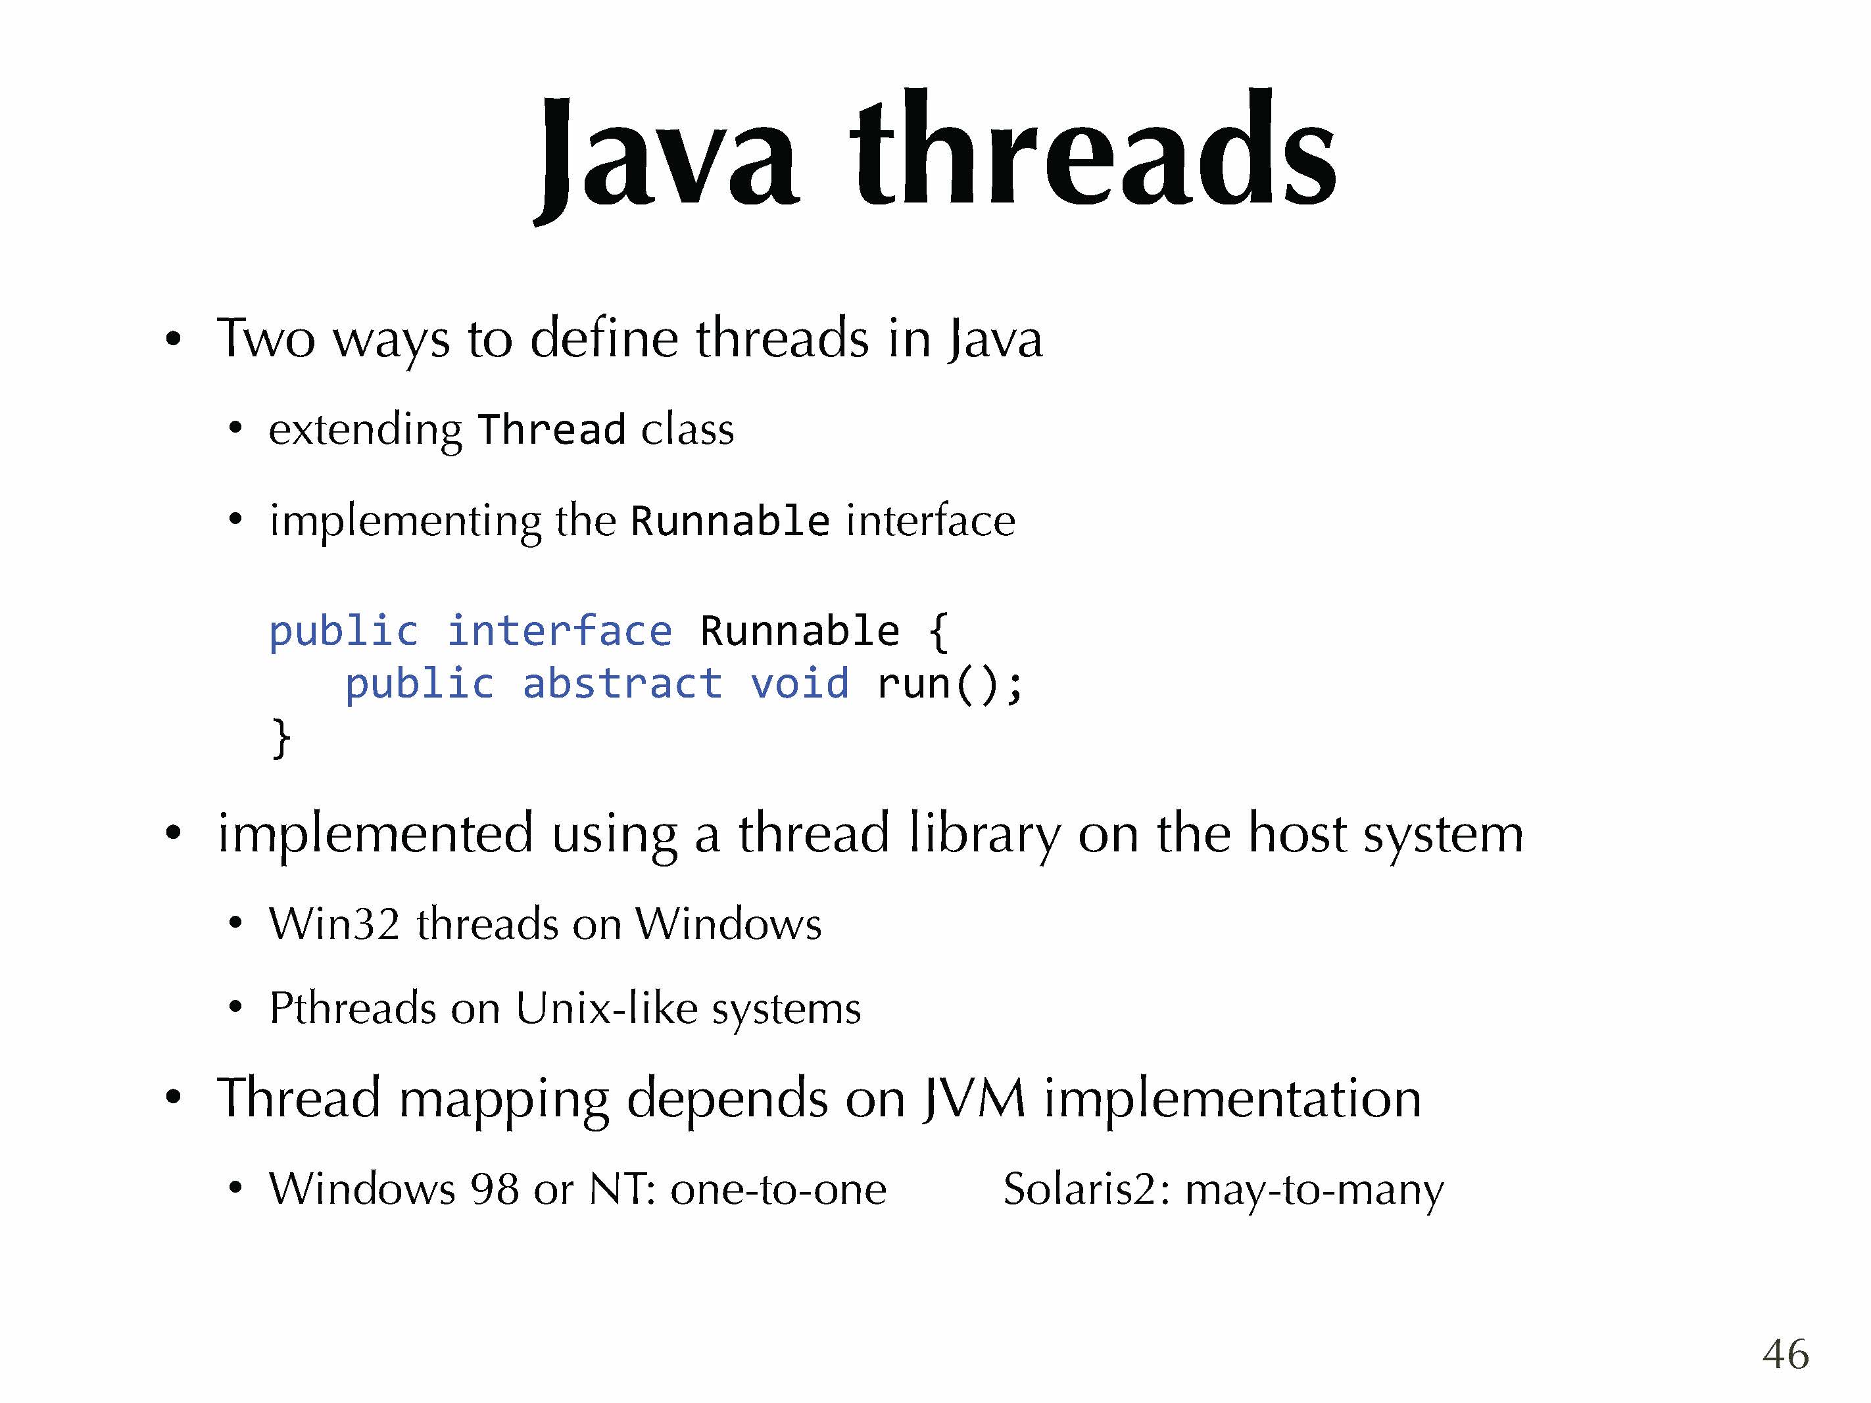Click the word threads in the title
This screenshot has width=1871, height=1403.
1094,147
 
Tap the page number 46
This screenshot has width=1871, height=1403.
1785,1354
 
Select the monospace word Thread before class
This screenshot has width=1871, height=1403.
552,429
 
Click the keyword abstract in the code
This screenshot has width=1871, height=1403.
621,683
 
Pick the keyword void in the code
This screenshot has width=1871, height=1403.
799,683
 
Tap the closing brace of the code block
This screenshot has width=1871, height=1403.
281,738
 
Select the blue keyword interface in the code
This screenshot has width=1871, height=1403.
559,631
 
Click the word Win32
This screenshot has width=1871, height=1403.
334,924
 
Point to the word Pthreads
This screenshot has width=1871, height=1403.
352,1008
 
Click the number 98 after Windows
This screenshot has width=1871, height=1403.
495,1189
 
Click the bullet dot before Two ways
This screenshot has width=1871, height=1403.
174,340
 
